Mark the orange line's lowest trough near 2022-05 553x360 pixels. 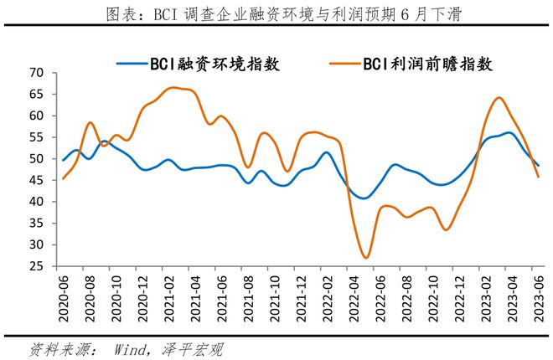click(x=366, y=257)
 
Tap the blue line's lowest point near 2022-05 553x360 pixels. click(x=364, y=198)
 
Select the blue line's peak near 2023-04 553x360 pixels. click(x=509, y=132)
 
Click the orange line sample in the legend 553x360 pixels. click(x=342, y=64)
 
